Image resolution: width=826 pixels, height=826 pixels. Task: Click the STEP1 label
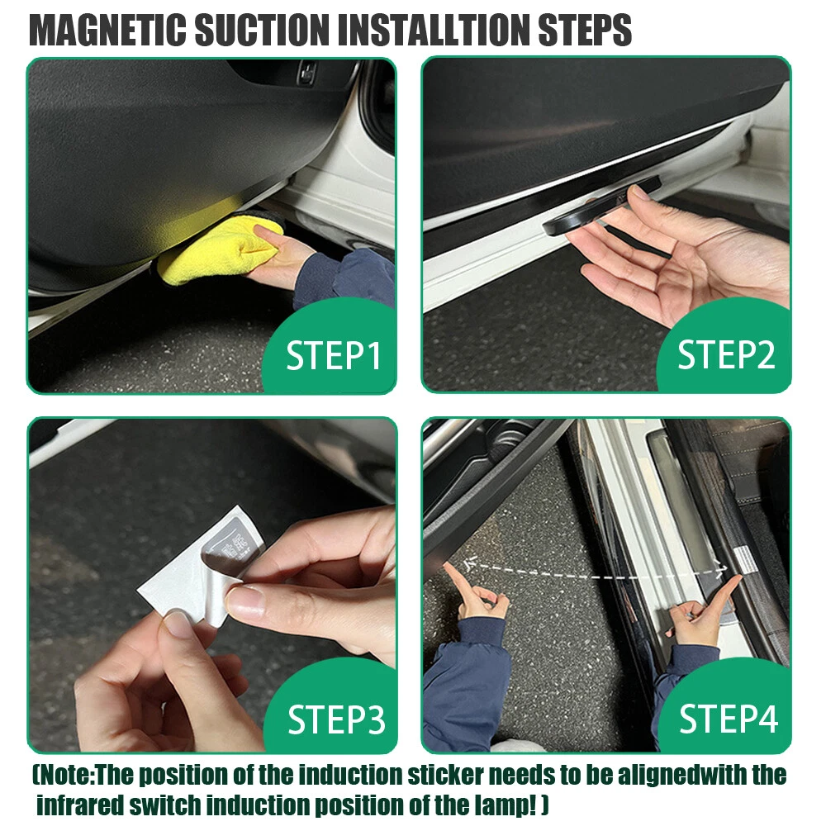[x=333, y=355]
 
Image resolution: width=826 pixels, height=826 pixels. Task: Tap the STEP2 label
[x=726, y=354]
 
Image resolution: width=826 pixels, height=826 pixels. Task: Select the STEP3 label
[x=336, y=719]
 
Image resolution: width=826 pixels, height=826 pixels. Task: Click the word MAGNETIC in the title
[x=107, y=30]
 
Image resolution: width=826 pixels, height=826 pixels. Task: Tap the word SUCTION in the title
[x=261, y=30]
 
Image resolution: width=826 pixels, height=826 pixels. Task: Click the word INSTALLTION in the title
[x=433, y=30]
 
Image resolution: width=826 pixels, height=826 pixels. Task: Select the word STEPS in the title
[x=585, y=30]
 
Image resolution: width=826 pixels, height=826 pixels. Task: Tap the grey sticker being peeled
[x=232, y=548]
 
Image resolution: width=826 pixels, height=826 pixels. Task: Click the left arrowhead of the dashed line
[x=469, y=563]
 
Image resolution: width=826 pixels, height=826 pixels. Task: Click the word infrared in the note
[x=81, y=805]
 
